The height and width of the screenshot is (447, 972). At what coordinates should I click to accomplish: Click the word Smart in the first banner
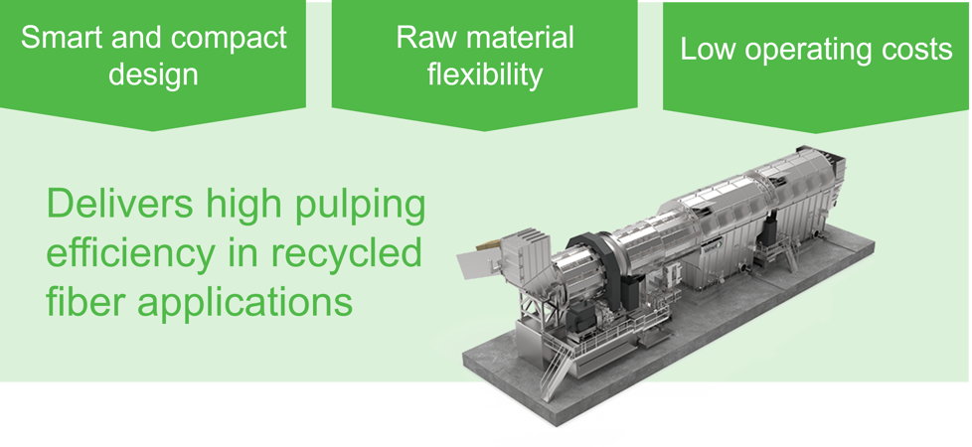coord(56,38)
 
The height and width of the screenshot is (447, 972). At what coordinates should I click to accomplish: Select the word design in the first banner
coord(153,75)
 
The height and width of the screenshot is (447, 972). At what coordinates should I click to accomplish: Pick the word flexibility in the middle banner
coord(485,75)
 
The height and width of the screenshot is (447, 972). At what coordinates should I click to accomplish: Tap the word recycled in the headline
coord(353,252)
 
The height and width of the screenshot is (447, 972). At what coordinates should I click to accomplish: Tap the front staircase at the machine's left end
coord(558,366)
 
